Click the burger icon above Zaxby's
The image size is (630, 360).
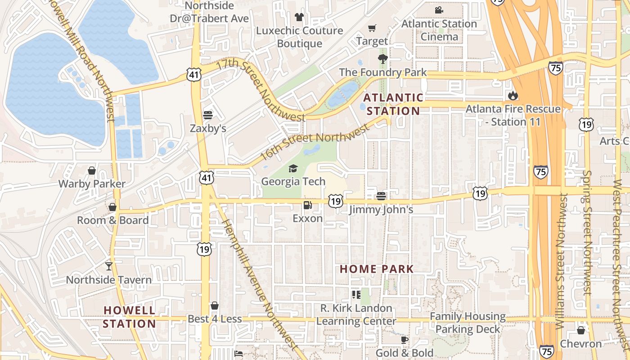(207, 115)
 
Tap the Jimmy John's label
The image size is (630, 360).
(381, 210)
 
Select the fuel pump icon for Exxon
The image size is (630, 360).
(308, 205)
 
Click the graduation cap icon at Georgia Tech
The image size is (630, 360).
(293, 168)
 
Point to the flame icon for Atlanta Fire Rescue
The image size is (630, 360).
(512, 95)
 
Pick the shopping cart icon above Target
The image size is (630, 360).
(372, 28)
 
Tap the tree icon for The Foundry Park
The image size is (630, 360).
(382, 58)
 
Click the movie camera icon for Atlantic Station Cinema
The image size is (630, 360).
(439, 10)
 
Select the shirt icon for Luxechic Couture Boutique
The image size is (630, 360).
(299, 17)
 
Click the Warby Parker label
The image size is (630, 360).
(92, 184)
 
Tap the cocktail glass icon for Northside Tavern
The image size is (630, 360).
(109, 266)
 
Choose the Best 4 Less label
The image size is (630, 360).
(215, 319)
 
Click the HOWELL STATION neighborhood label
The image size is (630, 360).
(130, 317)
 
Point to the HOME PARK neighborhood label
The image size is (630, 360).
(377, 269)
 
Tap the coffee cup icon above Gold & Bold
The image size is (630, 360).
(404, 340)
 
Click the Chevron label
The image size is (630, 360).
(580, 344)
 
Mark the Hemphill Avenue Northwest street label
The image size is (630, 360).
(260, 283)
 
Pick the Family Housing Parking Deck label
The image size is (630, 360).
(468, 323)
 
